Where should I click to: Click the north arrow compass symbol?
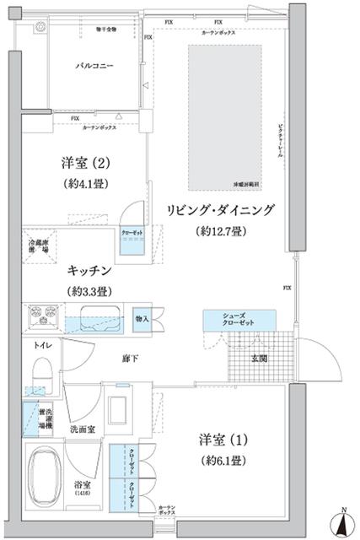[x=344, y=522]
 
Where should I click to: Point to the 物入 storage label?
[x=142, y=318]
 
